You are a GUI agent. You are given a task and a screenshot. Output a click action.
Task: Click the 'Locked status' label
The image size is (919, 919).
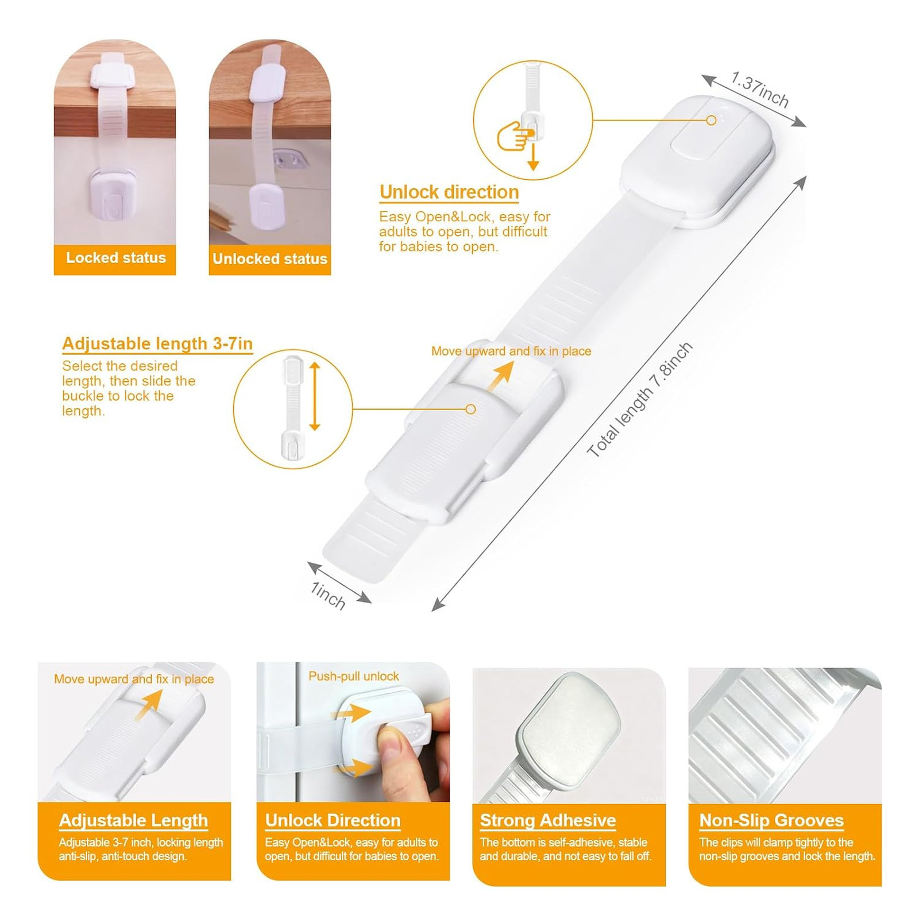(x=115, y=258)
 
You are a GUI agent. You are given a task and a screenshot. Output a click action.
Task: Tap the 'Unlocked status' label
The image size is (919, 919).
(x=269, y=258)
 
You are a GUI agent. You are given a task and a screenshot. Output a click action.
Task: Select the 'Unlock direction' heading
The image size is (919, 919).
(x=449, y=192)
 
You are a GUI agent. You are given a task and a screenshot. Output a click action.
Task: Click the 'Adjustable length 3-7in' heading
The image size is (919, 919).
(x=157, y=343)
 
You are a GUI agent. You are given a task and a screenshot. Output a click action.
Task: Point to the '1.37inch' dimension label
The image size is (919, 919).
(x=760, y=90)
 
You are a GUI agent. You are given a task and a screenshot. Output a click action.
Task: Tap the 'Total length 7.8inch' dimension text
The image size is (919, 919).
(x=639, y=400)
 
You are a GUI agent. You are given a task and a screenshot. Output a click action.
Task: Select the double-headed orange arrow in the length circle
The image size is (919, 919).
(x=314, y=396)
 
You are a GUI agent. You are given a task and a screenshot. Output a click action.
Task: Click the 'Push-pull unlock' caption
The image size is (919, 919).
(x=354, y=676)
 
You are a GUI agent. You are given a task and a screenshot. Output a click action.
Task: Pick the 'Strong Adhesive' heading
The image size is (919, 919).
(x=548, y=820)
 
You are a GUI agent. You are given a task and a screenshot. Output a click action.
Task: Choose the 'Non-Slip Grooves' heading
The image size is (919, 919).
(x=771, y=820)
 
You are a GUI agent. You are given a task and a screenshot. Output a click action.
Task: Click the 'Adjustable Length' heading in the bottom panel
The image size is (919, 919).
(x=133, y=820)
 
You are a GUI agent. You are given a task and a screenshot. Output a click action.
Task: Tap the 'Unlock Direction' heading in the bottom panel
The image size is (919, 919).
(x=333, y=820)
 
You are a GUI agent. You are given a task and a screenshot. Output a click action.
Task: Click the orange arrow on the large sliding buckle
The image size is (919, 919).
(x=499, y=376)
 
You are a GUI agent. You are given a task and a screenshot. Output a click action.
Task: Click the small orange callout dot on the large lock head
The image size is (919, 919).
(x=711, y=120)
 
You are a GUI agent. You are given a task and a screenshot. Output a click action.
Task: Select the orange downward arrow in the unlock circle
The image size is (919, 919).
(x=533, y=156)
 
